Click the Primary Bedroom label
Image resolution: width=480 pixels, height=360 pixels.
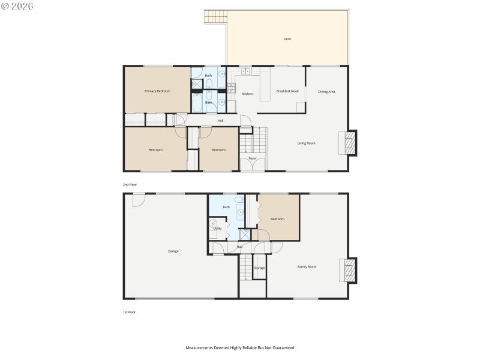click(x=157, y=91)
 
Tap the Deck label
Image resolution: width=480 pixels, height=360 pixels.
click(x=287, y=40)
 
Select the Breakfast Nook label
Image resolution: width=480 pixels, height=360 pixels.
click(x=287, y=91)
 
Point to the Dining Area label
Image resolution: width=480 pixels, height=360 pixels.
click(x=326, y=91)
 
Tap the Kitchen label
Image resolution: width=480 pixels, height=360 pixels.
click(x=247, y=94)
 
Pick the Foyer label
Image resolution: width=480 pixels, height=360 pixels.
click(x=253, y=158)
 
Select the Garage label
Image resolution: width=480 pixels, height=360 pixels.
click(x=173, y=251)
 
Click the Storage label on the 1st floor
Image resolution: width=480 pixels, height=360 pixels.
click(x=259, y=268)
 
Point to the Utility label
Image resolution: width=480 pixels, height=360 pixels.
click(x=217, y=229)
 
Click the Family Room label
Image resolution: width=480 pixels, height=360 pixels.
click(x=307, y=266)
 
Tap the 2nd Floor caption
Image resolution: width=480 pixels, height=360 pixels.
click(x=129, y=185)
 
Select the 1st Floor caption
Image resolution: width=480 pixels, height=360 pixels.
click(x=129, y=312)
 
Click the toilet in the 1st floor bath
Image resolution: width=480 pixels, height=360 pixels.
click(x=238, y=200)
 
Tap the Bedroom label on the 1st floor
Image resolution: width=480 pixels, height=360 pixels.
click(x=277, y=219)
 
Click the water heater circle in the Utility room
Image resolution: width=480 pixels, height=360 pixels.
click(x=213, y=224)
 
